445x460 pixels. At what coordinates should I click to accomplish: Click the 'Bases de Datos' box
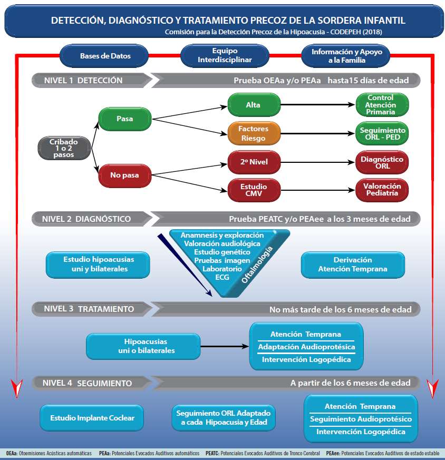tap(105, 55)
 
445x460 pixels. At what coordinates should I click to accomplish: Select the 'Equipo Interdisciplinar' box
tap(225, 55)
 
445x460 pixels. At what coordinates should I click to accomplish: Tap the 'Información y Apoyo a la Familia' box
tap(346, 55)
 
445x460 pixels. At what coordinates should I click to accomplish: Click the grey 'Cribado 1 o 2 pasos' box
tap(64, 148)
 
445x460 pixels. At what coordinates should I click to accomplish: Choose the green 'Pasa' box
tap(125, 119)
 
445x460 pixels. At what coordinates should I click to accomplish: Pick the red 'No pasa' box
tap(125, 175)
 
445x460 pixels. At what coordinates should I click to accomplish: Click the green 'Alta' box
tap(254, 105)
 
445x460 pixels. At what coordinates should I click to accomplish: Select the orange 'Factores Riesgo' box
tap(254, 133)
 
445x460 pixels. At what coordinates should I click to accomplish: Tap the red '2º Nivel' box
tap(254, 162)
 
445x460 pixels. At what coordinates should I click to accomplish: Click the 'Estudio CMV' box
tap(254, 190)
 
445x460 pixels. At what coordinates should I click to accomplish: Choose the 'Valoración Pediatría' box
tap(382, 190)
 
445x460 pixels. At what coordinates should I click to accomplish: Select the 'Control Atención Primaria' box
tap(382, 105)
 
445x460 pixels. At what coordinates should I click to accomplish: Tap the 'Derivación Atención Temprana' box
tap(353, 265)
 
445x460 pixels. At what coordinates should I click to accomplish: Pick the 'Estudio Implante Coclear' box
tap(92, 418)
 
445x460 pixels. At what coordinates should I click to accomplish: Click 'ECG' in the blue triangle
tap(222, 277)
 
